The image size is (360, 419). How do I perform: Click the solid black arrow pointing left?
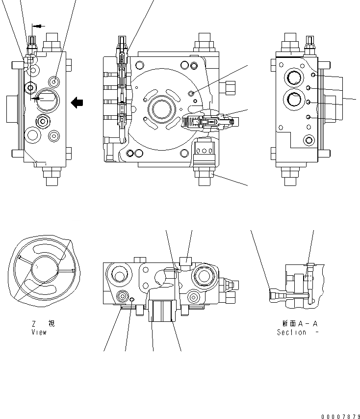(x=77, y=103)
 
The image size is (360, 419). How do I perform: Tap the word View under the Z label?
(x=39, y=332)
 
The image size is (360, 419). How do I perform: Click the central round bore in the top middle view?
(x=161, y=108)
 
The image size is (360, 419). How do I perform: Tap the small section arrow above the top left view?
(x=37, y=26)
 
